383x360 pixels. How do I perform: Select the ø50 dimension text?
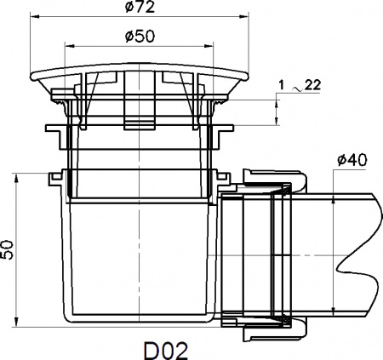pyautogui.click(x=137, y=37)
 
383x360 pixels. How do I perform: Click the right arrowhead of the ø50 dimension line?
pyautogui.click(x=209, y=47)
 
